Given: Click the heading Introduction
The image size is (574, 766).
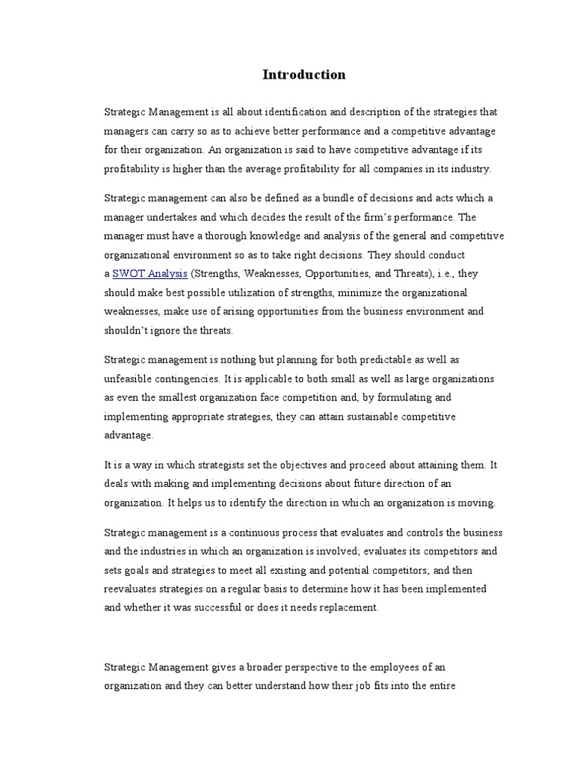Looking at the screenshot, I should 304,75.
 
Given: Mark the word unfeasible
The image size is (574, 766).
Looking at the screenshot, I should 131,379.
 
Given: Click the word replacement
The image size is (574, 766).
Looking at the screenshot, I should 350,608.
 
